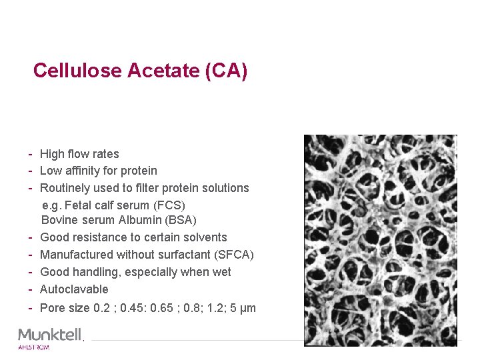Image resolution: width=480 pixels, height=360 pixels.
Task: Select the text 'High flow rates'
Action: click(79, 154)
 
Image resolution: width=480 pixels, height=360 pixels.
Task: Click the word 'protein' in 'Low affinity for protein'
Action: click(139, 171)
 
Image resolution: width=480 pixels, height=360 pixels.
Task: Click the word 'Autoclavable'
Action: click(74, 289)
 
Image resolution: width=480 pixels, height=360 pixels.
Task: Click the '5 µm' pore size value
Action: click(243, 308)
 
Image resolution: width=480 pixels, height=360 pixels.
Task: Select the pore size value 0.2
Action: click(101, 308)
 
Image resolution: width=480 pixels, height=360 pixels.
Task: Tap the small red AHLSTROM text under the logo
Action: click(34, 347)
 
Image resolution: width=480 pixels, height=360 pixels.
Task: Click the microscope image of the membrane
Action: click(381, 240)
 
